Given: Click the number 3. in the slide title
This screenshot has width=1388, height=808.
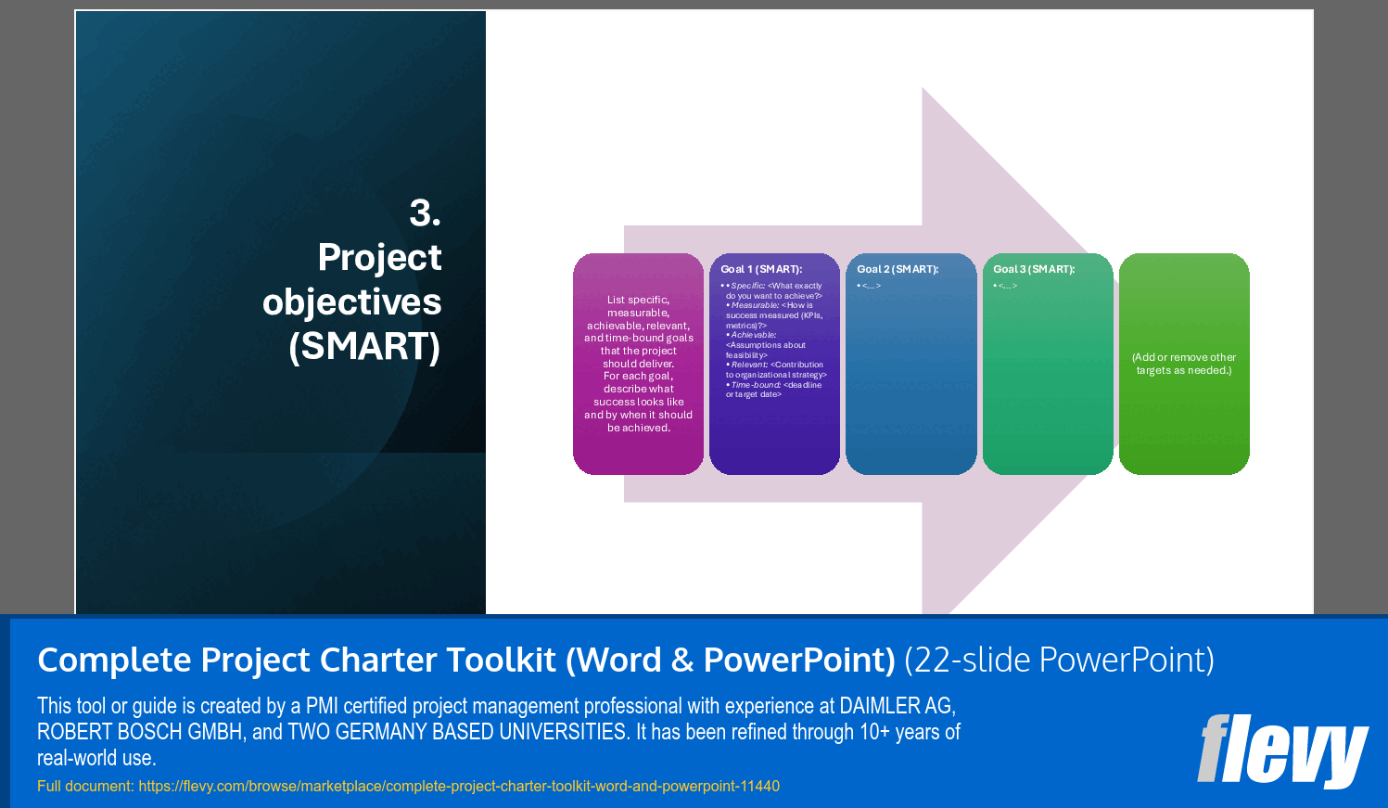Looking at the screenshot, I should point(425,213).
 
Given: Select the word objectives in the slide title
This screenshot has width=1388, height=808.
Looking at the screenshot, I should point(351,302).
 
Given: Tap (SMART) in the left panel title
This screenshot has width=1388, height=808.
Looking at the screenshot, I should point(364,347).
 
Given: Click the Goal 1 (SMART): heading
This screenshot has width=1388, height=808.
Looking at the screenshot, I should point(761,269).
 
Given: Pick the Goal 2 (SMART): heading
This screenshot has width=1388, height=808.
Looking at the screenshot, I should point(898,269).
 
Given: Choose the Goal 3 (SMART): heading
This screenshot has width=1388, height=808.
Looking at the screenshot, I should point(1034,269).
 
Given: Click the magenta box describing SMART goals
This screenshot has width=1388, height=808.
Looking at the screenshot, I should point(638,364).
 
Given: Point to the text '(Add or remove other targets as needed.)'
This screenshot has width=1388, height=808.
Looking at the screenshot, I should point(1184,364).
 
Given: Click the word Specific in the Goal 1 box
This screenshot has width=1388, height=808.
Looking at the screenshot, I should point(747,286).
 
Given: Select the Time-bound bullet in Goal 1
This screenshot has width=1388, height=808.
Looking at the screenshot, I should point(755,385).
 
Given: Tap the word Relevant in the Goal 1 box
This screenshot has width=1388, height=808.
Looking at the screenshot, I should point(748,365).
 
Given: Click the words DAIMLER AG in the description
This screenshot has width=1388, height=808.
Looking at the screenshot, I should point(896,706).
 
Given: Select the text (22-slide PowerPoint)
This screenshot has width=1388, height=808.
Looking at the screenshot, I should point(1059,660).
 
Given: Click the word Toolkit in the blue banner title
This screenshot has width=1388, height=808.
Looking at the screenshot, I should point(502,660).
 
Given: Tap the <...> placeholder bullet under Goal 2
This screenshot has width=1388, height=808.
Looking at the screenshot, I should point(871,286).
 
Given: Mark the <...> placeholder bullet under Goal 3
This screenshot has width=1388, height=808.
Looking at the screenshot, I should point(1007,286).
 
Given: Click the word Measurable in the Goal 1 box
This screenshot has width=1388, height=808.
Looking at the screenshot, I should point(755,305).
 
